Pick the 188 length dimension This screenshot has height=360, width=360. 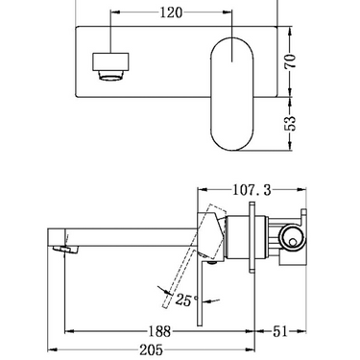163,331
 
